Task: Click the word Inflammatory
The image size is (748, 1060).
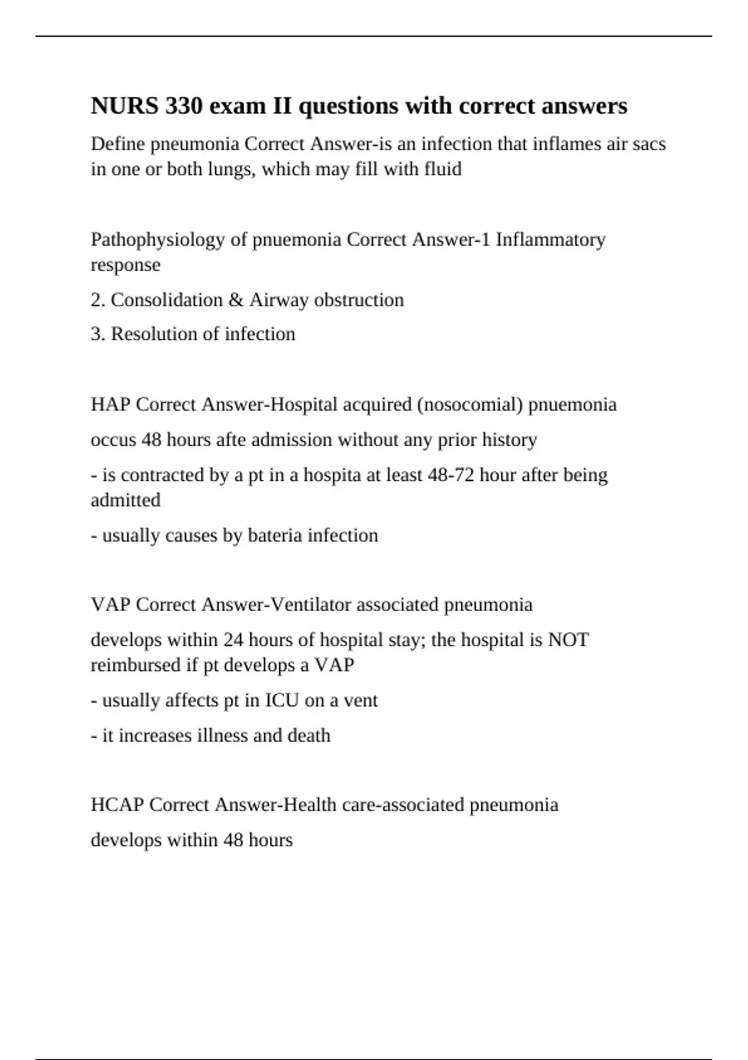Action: pos(550,239)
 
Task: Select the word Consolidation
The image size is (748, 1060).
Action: pos(166,300)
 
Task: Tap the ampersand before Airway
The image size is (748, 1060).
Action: pos(236,300)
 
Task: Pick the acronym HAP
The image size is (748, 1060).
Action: pos(110,405)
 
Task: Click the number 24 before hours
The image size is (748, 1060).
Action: pos(233,640)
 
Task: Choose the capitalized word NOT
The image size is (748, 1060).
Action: pos(568,640)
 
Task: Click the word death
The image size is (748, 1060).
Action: pos(309,736)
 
